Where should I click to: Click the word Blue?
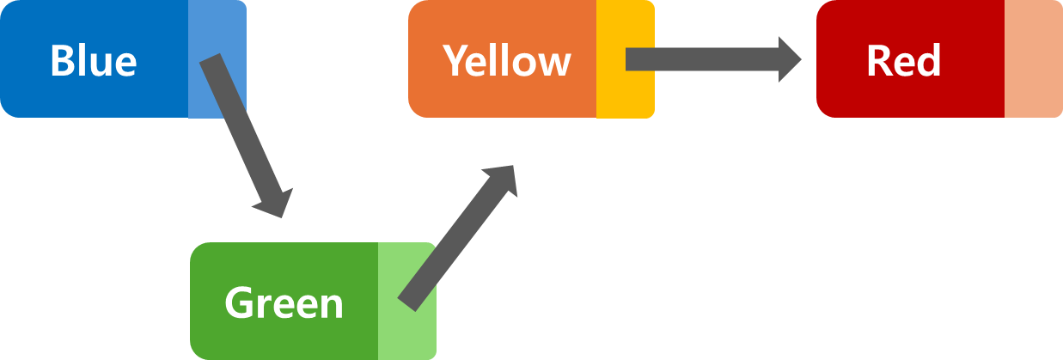pos(93,61)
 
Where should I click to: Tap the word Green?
pos(284,303)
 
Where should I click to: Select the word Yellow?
pos(507,60)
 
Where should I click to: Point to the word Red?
pos(903,61)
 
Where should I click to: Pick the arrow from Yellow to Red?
pos(705,59)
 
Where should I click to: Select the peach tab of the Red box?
pos(1033,59)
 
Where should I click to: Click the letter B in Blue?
pos(62,61)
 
